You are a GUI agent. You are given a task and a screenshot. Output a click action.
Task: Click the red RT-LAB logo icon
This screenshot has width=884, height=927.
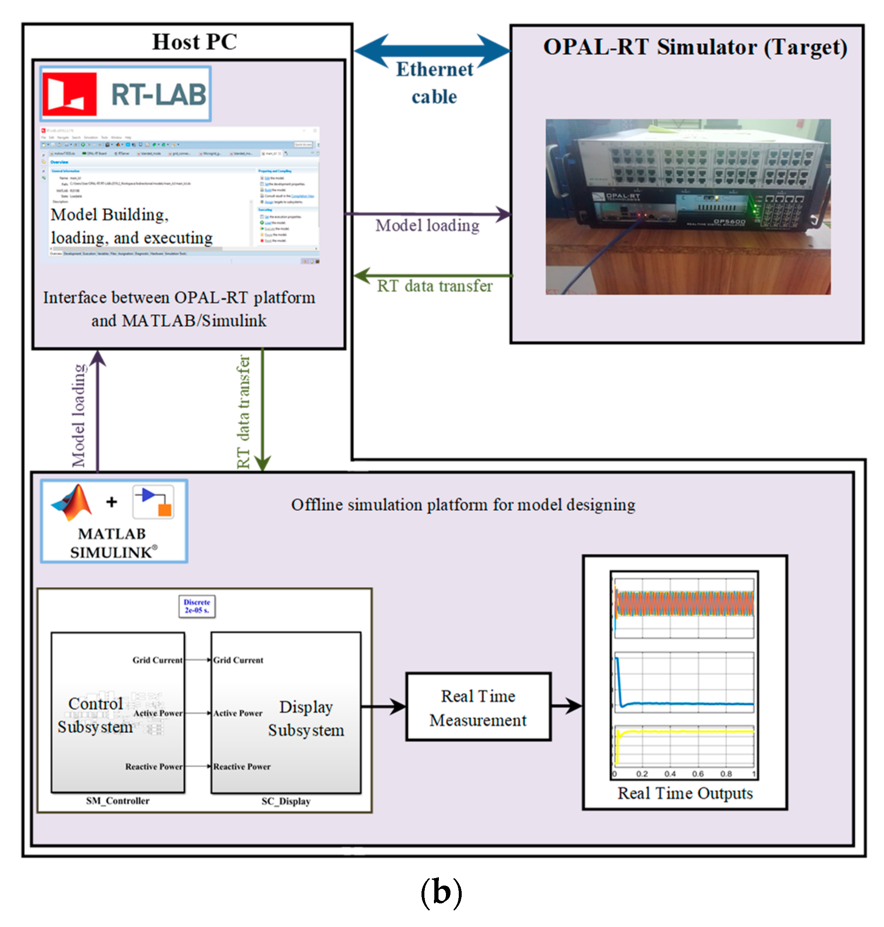(x=69, y=94)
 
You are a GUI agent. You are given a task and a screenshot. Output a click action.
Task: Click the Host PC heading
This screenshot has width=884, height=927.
(x=194, y=42)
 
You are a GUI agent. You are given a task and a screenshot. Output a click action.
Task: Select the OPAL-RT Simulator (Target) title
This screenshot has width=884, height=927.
(x=695, y=48)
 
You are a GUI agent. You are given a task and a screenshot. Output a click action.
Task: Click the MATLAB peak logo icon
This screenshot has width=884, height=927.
(x=72, y=503)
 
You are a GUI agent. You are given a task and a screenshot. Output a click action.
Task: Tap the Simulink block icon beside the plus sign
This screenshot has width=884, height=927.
(x=153, y=502)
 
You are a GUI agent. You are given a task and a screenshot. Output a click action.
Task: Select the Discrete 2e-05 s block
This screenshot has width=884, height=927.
(x=197, y=606)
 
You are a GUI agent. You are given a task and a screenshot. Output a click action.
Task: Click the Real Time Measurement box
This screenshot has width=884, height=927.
(x=478, y=707)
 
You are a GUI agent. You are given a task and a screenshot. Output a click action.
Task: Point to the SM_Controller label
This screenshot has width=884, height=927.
(x=117, y=801)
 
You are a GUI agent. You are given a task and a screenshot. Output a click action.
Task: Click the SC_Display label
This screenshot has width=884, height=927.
(x=286, y=801)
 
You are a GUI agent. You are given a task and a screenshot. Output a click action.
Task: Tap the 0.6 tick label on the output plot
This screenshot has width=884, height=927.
(x=698, y=774)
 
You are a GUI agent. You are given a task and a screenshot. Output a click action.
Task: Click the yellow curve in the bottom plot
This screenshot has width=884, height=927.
(x=683, y=731)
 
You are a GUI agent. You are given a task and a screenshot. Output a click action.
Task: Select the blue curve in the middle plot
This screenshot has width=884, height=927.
(x=683, y=704)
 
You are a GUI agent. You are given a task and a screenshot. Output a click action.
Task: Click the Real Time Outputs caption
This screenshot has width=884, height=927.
(x=685, y=793)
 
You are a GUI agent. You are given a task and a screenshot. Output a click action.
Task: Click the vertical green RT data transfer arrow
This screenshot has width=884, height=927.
(x=262, y=410)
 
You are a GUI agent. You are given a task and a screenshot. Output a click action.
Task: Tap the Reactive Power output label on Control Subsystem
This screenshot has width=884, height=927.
(x=154, y=767)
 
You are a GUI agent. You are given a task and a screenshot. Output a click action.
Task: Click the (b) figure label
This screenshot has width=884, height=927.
(x=441, y=892)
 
